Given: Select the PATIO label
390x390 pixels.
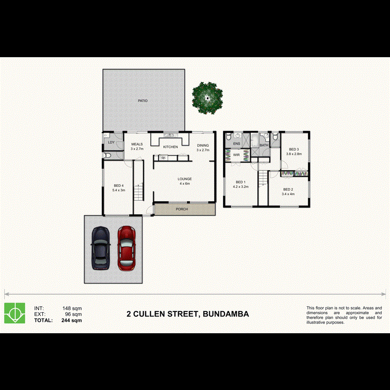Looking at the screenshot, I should tap(143, 101).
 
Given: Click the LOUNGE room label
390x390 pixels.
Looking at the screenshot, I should tap(185, 179).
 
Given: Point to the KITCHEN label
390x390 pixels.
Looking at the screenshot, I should tap(170, 147).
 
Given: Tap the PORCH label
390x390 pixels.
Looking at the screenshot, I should tap(182, 210).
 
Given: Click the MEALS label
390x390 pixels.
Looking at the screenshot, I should tap(137, 145).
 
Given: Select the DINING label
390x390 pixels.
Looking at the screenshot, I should tap(203, 146).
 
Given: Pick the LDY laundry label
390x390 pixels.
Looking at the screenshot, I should tap(111, 142).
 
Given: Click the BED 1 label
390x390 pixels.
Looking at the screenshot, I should tap(240, 182).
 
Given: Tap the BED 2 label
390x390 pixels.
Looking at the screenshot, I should tap(288, 189).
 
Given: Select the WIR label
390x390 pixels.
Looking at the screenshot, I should tap(237, 155).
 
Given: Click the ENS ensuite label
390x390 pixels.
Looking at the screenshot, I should tap(237, 143).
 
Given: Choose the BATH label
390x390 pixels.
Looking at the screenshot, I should tap(264, 145).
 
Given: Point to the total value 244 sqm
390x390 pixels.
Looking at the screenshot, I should tap(71, 321).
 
